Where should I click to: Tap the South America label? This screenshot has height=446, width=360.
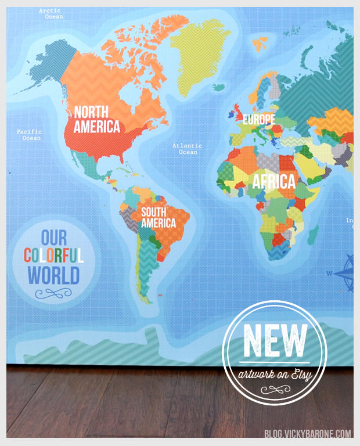(159, 217)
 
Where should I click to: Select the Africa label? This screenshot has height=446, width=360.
(273, 181)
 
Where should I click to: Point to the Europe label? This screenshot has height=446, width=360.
(259, 120)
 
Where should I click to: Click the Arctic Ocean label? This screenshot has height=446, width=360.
(51, 13)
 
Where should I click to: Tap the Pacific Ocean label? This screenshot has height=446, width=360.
(29, 135)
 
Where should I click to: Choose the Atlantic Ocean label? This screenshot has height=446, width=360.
(188, 149)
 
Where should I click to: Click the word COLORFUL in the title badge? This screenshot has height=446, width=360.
(54, 255)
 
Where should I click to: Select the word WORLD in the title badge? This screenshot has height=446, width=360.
(54, 275)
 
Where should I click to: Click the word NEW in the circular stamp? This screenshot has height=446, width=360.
(275, 340)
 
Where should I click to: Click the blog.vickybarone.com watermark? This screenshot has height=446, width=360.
(308, 433)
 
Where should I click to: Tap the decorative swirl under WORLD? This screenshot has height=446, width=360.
(53, 294)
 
